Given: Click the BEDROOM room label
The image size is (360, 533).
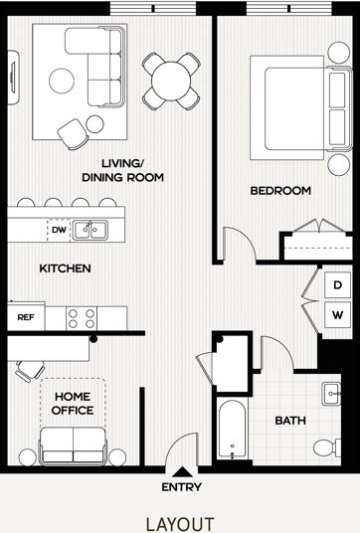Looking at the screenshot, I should click(x=280, y=190).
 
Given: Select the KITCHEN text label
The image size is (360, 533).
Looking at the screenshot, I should click(x=66, y=268).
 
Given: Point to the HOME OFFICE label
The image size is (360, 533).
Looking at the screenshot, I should click(x=73, y=403).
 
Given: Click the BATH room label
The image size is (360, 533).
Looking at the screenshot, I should click(x=289, y=420).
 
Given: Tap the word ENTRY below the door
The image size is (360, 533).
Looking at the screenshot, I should click(x=181, y=487).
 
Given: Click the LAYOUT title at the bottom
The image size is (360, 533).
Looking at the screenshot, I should click(x=179, y=523).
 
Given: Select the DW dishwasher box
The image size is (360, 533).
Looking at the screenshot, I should click(x=59, y=229).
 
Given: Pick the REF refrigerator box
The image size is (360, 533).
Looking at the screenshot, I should click(x=26, y=318).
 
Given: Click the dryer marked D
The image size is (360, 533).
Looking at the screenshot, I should click(x=338, y=285).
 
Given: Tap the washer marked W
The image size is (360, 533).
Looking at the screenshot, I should click(x=338, y=316).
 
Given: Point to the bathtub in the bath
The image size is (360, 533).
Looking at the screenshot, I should click(x=231, y=435).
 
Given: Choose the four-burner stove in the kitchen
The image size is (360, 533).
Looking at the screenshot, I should click(x=82, y=318).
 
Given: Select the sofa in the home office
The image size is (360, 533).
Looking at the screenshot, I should click(x=72, y=444).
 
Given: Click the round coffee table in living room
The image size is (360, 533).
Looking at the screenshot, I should click(x=64, y=79).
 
